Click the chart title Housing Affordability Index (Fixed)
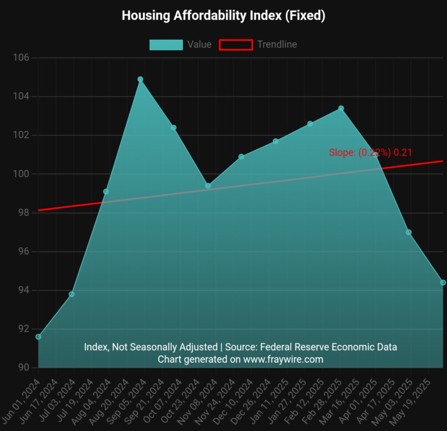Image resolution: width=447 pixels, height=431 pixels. coord(223,16)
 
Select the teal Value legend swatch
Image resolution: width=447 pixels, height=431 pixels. coord(166,45)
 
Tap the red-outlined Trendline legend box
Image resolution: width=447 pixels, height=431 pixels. coord(236,45)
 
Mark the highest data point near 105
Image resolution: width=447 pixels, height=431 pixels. coord(140,79)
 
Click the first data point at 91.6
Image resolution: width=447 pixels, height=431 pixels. coord(38,337)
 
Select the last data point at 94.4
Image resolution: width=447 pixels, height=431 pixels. coord(443,283)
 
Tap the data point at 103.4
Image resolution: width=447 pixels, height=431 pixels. coord(341,108)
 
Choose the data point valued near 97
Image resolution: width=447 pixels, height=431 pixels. coord(409,232)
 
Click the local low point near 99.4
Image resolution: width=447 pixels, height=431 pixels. coord(208,186)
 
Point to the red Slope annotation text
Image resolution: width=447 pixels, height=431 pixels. coord(370,152)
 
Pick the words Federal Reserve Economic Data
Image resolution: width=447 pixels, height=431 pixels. coord(329,347)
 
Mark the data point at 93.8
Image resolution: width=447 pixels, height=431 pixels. coord(72,294)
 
